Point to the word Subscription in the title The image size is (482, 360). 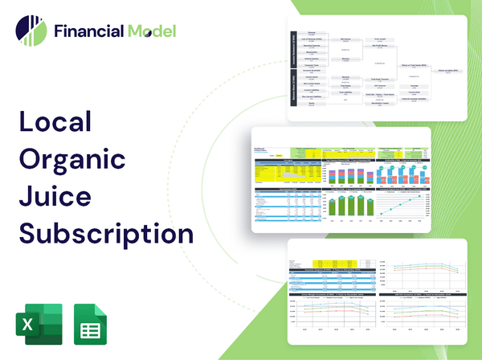point(105,233)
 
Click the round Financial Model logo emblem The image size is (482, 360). point(31,31)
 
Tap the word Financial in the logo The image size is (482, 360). point(88,31)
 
